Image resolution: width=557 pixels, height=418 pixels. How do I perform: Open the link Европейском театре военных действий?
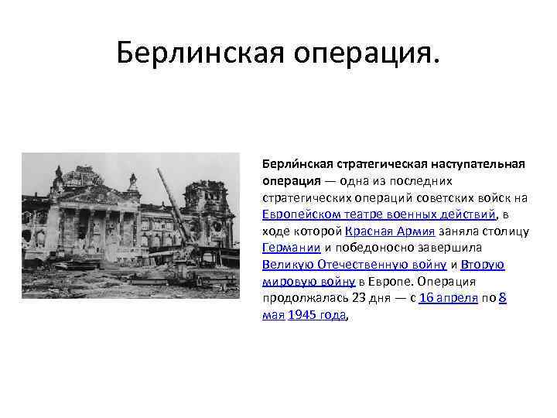[378, 214]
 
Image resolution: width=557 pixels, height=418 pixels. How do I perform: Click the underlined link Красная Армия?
[391, 231]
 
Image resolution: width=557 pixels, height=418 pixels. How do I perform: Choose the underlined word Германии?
[290, 248]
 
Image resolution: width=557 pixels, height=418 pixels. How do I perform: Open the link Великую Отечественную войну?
[348, 265]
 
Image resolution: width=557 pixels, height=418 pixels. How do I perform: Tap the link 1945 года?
[317, 315]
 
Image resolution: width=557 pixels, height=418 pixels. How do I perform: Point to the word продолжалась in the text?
[297, 298]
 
